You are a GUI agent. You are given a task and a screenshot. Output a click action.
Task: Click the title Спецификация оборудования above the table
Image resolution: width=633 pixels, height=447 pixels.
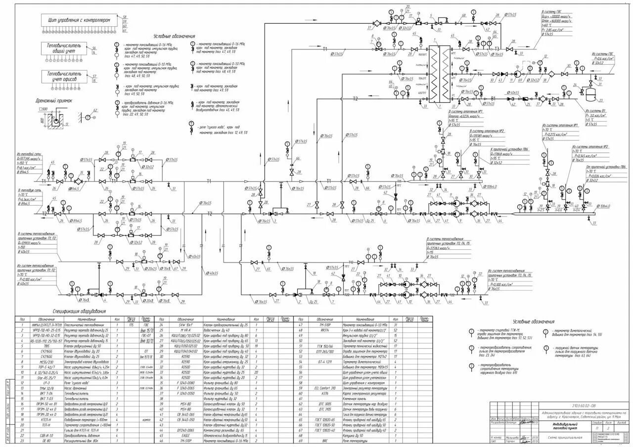(81, 312)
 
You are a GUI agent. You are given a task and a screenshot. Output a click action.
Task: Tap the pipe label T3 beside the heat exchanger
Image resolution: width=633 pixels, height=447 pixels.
(497, 49)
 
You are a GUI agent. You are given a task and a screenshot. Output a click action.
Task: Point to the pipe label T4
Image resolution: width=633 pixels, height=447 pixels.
(479, 74)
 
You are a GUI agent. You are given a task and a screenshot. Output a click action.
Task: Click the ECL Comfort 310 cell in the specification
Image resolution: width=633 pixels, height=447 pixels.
(326, 388)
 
